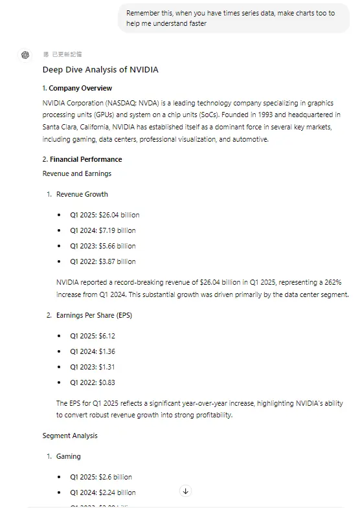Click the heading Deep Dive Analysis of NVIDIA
tap(100, 70)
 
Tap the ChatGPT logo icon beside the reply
tap(25, 54)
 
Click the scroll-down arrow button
tap(185, 491)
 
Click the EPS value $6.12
tap(106, 336)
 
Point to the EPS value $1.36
tap(106, 351)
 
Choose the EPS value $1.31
tap(106, 367)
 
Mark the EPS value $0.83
tap(106, 382)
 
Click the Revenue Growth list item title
tap(82, 194)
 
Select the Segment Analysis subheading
tap(70, 436)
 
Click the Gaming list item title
tap(69, 456)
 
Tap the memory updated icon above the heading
tap(46, 54)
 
